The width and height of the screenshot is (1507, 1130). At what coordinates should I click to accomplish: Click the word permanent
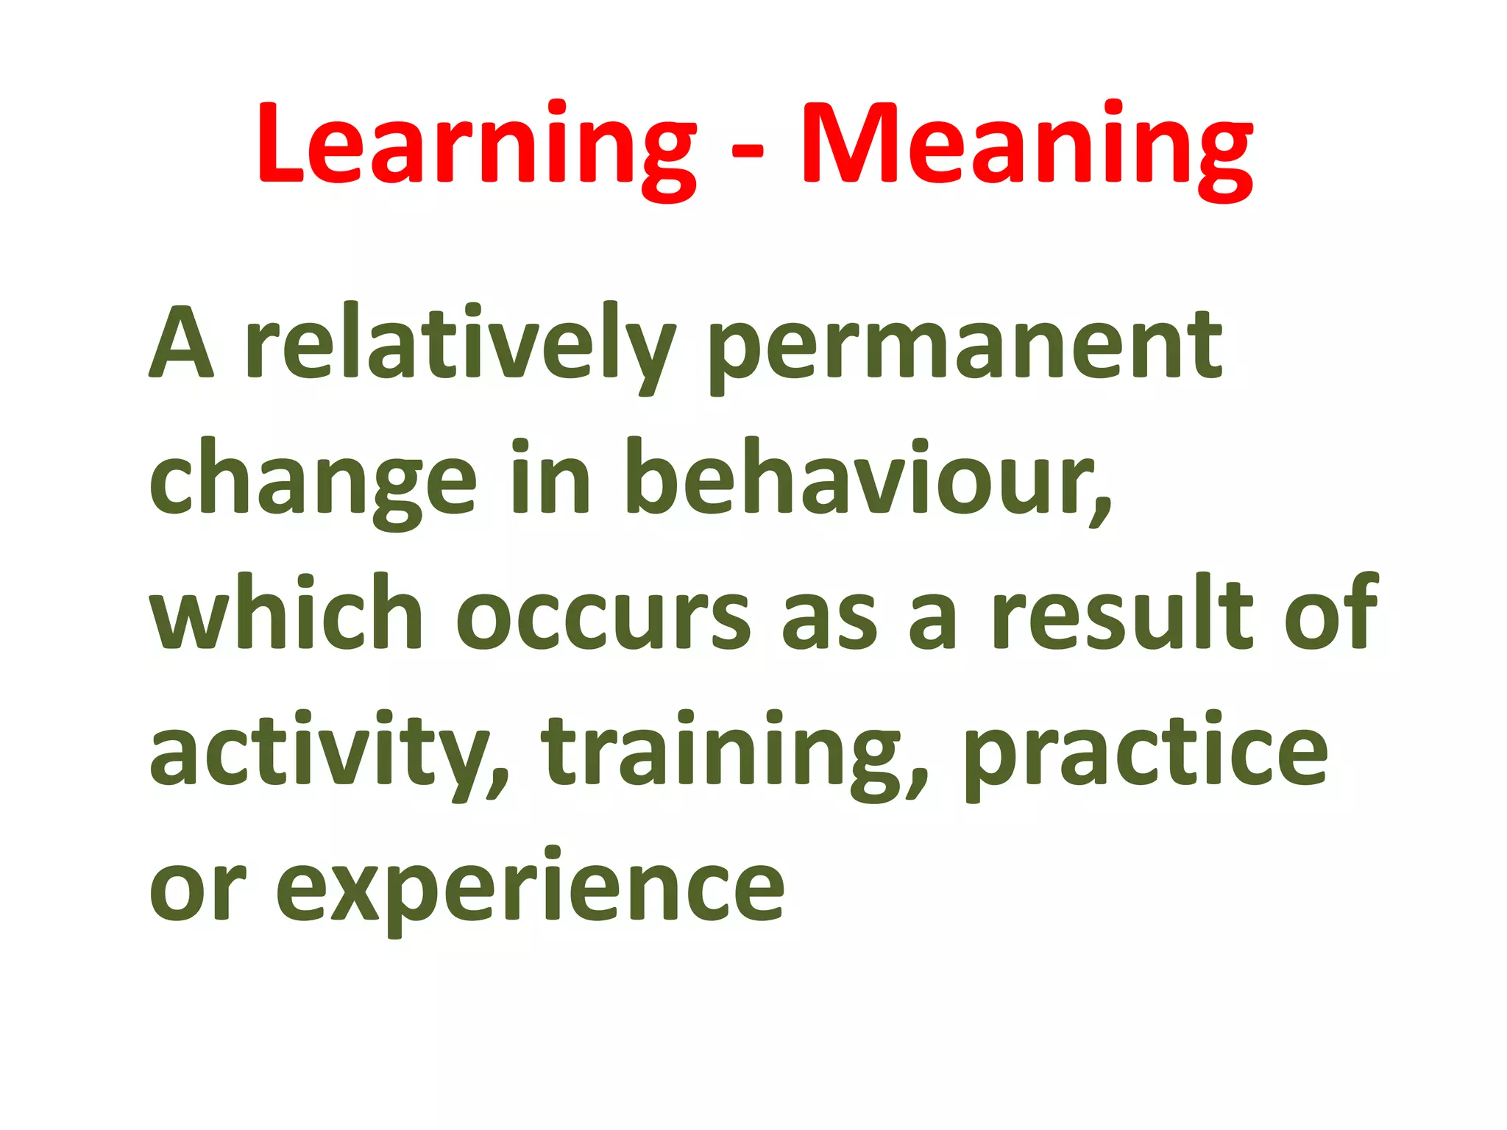(965, 346)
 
